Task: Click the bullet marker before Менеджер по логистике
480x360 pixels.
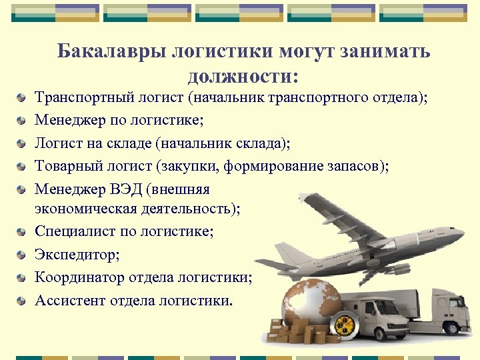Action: (23, 122)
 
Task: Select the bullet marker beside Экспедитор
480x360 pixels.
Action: (23, 255)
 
